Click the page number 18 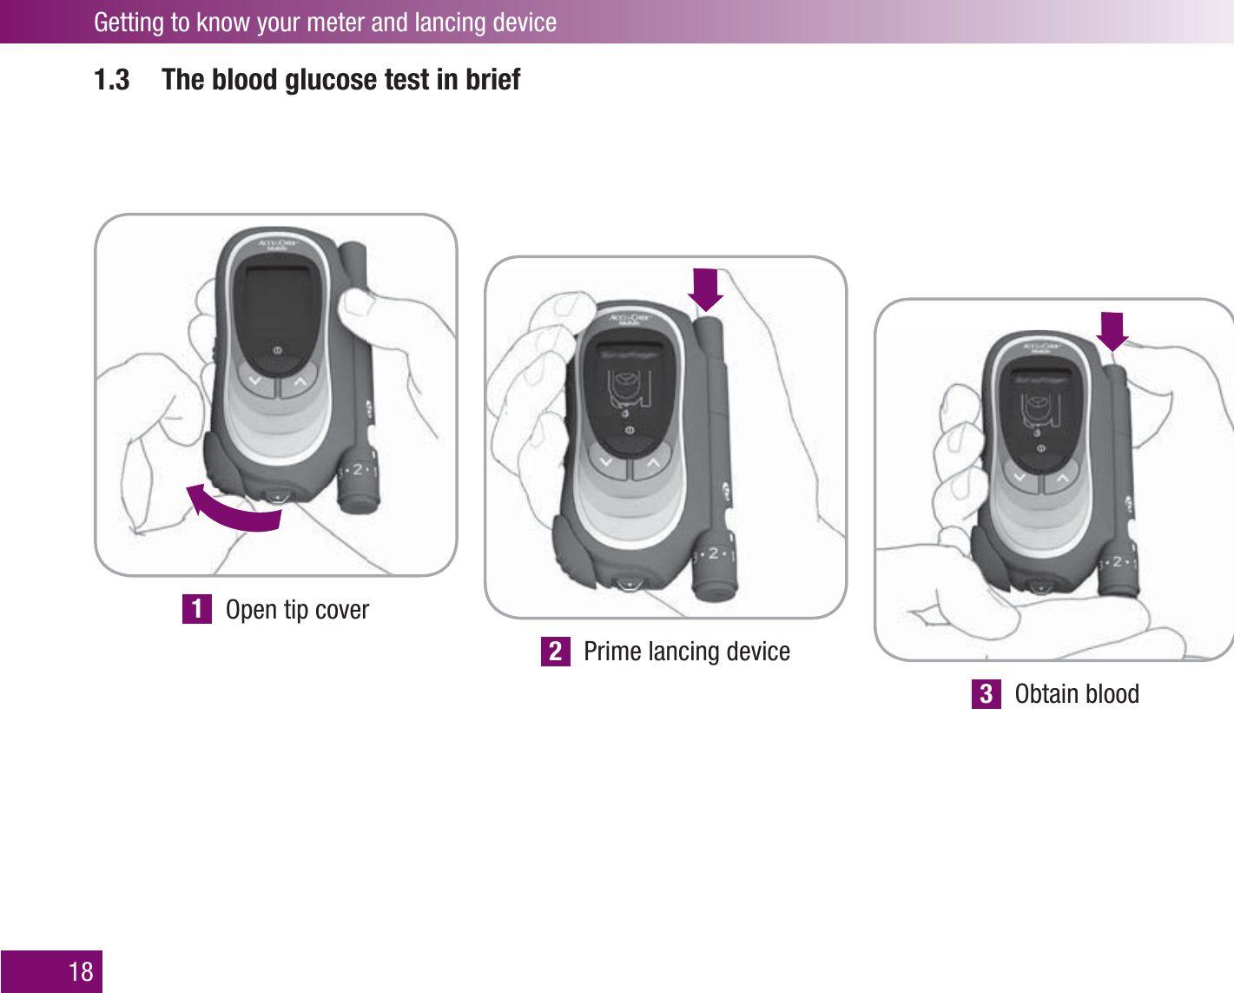pyautogui.click(x=81, y=971)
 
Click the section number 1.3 pyautogui.click(x=111, y=80)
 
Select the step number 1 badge pyautogui.click(x=197, y=609)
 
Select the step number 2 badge pyautogui.click(x=555, y=652)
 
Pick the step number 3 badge pyautogui.click(x=986, y=694)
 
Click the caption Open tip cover pyautogui.click(x=297, y=609)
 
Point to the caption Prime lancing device pyautogui.click(x=686, y=652)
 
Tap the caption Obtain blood pyautogui.click(x=1077, y=694)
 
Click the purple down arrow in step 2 pyautogui.click(x=706, y=289)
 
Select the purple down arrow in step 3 pyautogui.click(x=1112, y=331)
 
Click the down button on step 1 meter pyautogui.click(x=255, y=381)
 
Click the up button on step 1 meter pyautogui.click(x=300, y=381)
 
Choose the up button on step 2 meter pyautogui.click(x=653, y=463)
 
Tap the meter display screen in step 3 pyautogui.click(x=1040, y=407)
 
